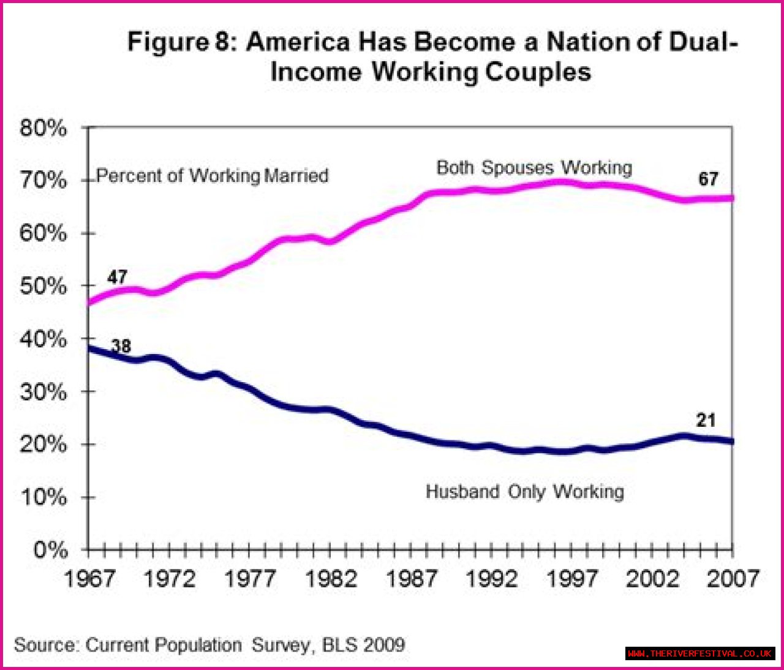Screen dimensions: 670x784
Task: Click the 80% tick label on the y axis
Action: pos(43,128)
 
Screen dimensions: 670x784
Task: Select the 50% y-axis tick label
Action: pos(43,286)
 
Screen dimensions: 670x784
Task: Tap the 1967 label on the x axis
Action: pos(89,578)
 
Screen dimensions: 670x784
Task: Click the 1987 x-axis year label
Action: pos(412,578)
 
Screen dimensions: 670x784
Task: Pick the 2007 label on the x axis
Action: pos(733,578)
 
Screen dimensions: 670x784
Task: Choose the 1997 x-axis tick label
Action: pos(572,578)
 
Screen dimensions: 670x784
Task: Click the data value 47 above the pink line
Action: pos(117,277)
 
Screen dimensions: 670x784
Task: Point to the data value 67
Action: pos(708,179)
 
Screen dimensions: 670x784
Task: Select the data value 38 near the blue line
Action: pos(121,346)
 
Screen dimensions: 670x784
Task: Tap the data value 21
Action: pos(706,420)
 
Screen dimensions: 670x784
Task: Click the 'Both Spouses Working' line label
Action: pos(534,168)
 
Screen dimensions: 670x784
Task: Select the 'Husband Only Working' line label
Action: pos(525,492)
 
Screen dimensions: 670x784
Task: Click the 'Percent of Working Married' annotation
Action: pos(213,176)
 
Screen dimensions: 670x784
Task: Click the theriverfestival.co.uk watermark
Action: pos(699,653)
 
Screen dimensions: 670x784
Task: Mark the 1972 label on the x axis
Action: pos(169,578)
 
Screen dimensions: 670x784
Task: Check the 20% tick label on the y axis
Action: pos(43,444)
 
